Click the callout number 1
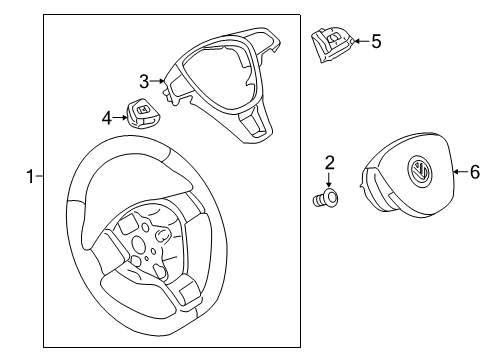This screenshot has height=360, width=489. pyautogui.click(x=30, y=176)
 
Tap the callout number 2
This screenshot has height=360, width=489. pyautogui.click(x=329, y=163)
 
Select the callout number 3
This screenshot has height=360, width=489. pyautogui.click(x=144, y=81)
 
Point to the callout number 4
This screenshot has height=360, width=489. pyautogui.click(x=107, y=118)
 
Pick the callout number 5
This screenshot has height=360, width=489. pyautogui.click(x=376, y=42)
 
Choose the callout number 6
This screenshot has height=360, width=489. pyautogui.click(x=475, y=172)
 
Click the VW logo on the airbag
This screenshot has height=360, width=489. pyautogui.click(x=419, y=171)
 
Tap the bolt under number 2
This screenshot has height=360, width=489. pyautogui.click(x=326, y=198)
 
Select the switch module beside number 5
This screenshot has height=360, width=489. pyautogui.click(x=332, y=45)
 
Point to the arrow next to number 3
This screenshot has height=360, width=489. pyautogui.click(x=157, y=81)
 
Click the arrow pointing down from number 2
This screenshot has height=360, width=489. pyautogui.click(x=329, y=180)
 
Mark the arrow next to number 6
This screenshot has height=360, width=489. pyautogui.click(x=461, y=172)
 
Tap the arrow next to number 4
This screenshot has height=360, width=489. pyautogui.click(x=119, y=117)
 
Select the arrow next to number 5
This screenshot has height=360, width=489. pyautogui.click(x=362, y=41)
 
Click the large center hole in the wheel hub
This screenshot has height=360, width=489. pyautogui.click(x=139, y=244)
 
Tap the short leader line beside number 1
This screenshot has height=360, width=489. pyautogui.click(x=39, y=176)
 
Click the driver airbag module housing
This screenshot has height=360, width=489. pyautogui.click(x=407, y=175)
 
